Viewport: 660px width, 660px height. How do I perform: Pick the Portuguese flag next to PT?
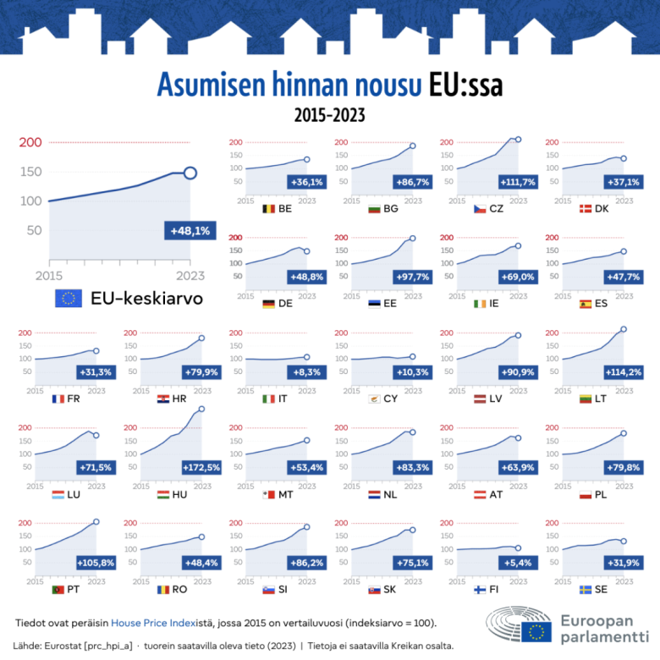coord(58,589)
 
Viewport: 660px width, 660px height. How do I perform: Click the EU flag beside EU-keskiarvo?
coord(69,298)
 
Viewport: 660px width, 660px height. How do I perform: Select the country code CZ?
coord(497,208)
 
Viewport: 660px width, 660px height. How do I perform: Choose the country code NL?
coord(391,494)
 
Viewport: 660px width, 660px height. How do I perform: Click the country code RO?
coord(179,589)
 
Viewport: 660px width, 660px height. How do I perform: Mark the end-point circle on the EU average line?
coord(190,173)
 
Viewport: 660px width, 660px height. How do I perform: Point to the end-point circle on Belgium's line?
coord(306,159)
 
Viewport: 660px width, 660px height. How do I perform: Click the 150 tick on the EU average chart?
coord(31,172)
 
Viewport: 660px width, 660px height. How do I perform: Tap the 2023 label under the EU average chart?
coord(190,275)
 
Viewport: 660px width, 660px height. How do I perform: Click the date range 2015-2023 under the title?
coord(329,113)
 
